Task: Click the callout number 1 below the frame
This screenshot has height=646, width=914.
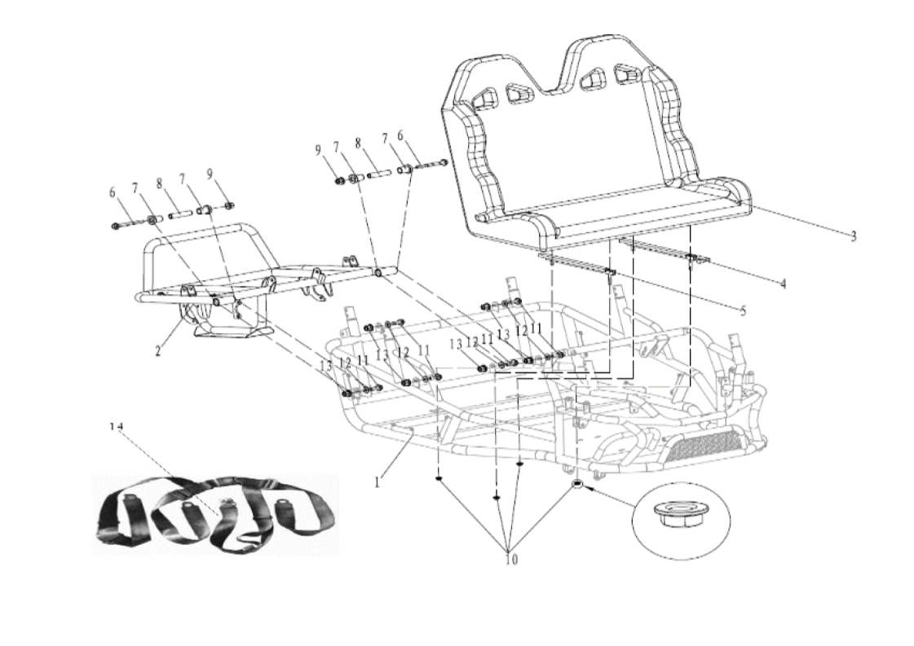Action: (378, 482)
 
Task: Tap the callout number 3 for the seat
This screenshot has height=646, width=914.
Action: (853, 237)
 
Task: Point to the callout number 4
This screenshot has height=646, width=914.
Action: (782, 284)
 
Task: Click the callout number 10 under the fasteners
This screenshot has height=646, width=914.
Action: (511, 560)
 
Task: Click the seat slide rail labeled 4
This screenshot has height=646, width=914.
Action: (665, 250)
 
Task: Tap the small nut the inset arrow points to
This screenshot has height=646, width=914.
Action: (577, 485)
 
